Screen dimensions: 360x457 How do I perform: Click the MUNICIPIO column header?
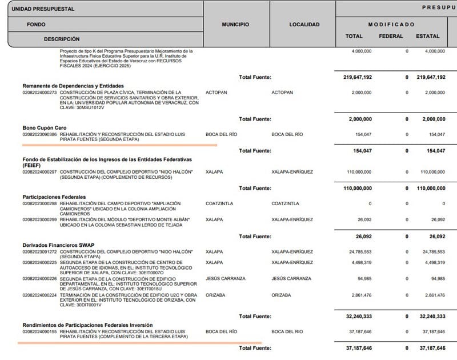(x=235, y=25)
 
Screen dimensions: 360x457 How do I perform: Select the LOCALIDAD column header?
(x=304, y=25)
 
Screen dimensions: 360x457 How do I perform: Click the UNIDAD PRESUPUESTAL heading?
(x=43, y=9)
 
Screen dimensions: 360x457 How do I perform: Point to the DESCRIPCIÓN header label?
(x=62, y=39)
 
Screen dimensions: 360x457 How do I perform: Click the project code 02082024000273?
(x=40, y=92)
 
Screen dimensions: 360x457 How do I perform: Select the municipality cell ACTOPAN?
(x=216, y=92)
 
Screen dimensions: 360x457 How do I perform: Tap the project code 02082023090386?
(x=40, y=134)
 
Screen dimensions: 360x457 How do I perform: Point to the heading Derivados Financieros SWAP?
(x=58, y=245)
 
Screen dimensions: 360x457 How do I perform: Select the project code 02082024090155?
(x=40, y=331)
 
